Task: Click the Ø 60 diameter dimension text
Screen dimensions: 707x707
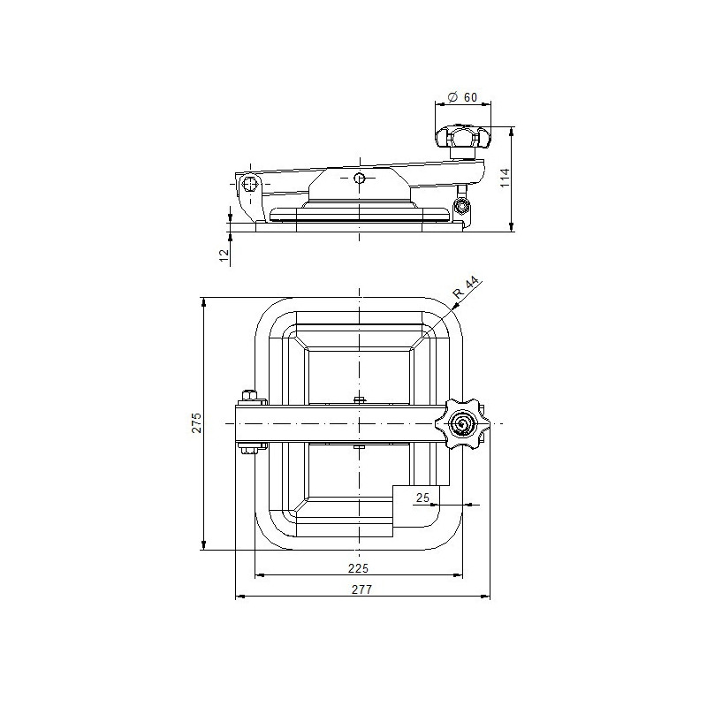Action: [462, 97]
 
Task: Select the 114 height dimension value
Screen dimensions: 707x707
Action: [505, 178]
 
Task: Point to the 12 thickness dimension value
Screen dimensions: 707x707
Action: [224, 256]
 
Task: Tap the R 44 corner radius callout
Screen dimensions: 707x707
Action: [466, 288]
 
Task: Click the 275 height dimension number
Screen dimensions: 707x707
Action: [197, 422]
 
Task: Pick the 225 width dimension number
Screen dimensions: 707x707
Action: [359, 568]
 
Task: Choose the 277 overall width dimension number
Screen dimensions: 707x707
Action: [362, 589]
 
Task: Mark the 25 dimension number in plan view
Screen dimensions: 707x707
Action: [422, 498]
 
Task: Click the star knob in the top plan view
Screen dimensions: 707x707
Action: [462, 423]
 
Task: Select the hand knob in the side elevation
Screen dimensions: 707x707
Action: [463, 138]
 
